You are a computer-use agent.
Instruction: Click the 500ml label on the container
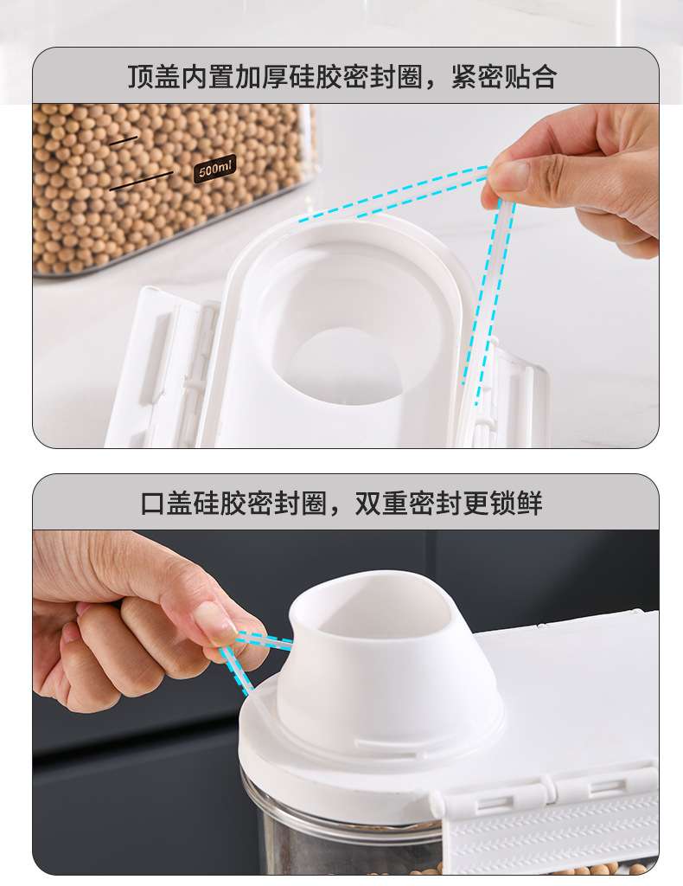(x=214, y=168)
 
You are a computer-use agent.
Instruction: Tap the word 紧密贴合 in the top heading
(x=504, y=76)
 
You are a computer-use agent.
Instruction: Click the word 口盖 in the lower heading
(x=167, y=503)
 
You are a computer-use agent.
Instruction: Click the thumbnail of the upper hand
(x=512, y=174)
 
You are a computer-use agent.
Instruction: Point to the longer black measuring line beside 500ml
(x=141, y=181)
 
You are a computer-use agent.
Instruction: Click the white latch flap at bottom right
(x=551, y=825)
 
